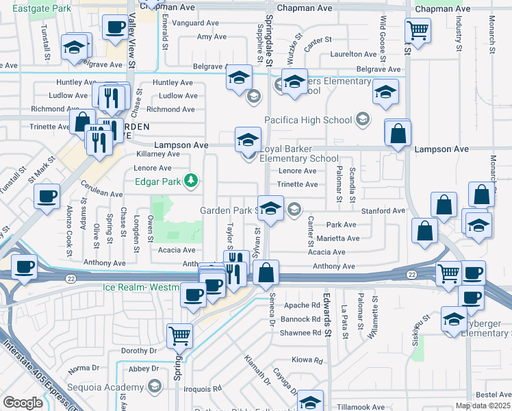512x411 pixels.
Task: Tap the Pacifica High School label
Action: pyautogui.click(x=309, y=121)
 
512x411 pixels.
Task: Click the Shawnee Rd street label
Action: pyautogui.click(x=302, y=334)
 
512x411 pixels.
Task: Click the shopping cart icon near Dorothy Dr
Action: pyautogui.click(x=179, y=336)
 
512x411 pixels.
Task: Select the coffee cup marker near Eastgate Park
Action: pyautogui.click(x=114, y=28)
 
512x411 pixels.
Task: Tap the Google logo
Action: pyautogui.click(x=23, y=403)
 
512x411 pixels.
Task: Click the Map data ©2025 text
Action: pyautogui.click(x=482, y=406)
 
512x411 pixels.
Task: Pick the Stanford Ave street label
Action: pyautogui.click(x=384, y=211)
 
